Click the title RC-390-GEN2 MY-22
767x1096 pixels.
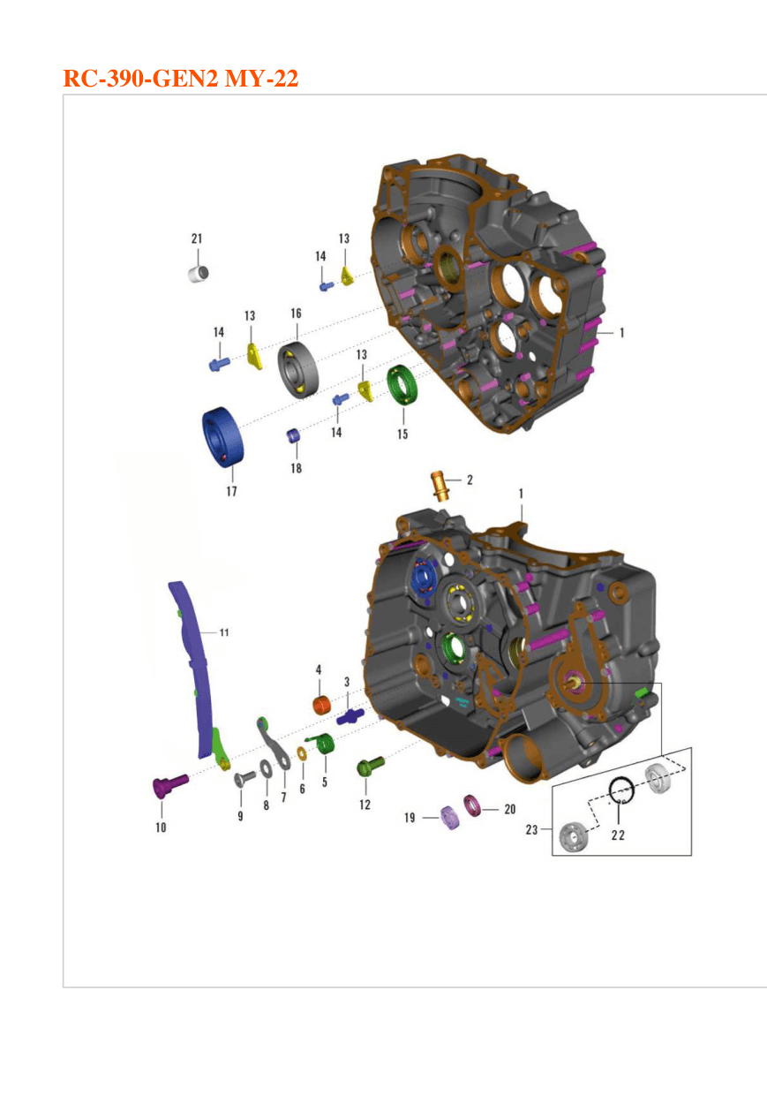(x=180, y=79)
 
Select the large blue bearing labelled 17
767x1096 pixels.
(x=223, y=436)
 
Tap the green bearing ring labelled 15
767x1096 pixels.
(x=402, y=385)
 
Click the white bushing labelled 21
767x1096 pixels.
(x=199, y=274)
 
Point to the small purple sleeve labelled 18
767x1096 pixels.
(x=293, y=435)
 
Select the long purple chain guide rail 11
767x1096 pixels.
(x=192, y=669)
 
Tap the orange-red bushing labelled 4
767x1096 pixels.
(x=321, y=705)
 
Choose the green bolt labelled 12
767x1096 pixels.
(x=370, y=766)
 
